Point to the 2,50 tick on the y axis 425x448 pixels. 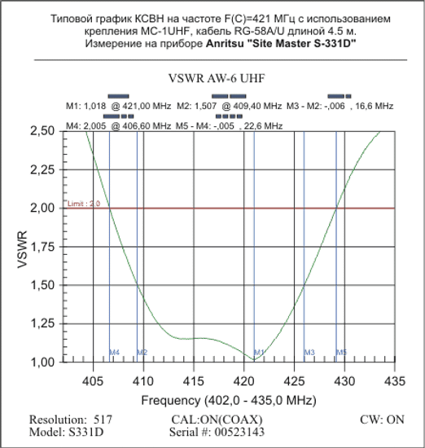click(x=50, y=131)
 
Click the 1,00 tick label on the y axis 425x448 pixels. click(x=50, y=362)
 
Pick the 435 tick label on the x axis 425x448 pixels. click(x=395, y=380)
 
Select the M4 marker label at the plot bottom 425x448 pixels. click(x=115, y=353)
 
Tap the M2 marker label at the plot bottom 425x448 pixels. click(x=142, y=353)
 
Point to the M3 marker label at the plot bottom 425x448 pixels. click(x=309, y=353)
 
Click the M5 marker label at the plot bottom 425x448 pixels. click(x=342, y=353)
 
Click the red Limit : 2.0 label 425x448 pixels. click(x=84, y=204)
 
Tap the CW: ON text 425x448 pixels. click(x=382, y=419)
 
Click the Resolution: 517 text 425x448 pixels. click(x=70, y=419)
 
